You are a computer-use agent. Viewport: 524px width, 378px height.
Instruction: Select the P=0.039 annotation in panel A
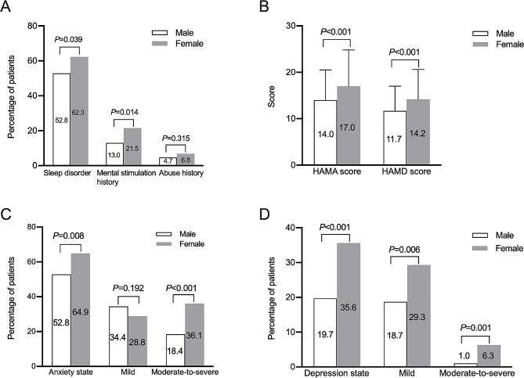pyautogui.click(x=70, y=39)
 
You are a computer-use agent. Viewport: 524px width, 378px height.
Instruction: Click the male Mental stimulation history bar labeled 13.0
pyautogui.click(x=114, y=154)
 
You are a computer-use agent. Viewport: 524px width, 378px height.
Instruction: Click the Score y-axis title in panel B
pyautogui.click(x=276, y=94)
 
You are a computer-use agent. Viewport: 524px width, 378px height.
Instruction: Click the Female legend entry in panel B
pyautogui.click(x=498, y=45)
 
